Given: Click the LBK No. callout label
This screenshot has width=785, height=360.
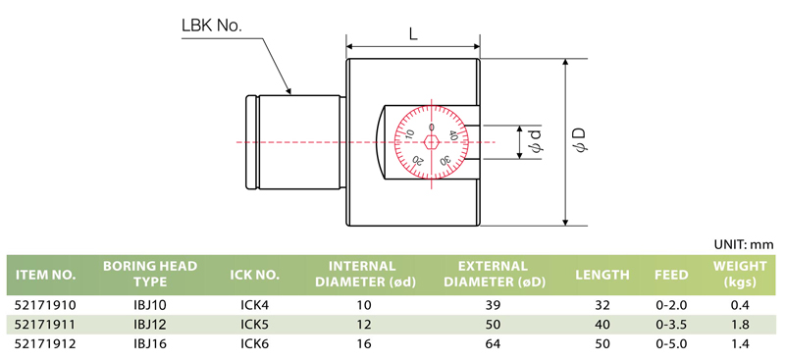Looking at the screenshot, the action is click(211, 26).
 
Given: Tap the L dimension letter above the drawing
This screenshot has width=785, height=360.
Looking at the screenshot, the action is click(413, 34).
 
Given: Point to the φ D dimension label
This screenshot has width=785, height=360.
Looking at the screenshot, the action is click(580, 139).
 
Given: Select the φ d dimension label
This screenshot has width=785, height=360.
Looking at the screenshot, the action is click(535, 140).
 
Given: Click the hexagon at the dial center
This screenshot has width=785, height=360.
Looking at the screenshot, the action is click(431, 142).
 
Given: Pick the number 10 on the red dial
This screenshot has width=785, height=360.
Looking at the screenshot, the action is click(409, 133).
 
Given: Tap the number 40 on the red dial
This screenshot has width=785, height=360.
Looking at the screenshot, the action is click(453, 134).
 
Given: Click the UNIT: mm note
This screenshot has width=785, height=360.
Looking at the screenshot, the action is click(745, 244).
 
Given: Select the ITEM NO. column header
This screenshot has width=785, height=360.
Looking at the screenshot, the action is click(46, 275).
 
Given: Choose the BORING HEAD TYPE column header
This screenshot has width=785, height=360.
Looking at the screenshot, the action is click(150, 274).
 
